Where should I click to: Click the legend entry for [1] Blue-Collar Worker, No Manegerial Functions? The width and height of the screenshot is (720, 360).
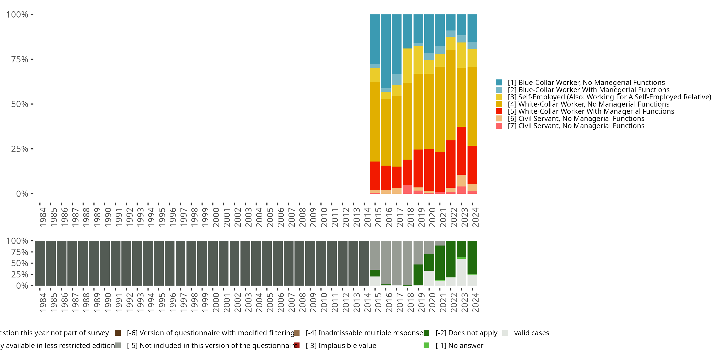(586, 83)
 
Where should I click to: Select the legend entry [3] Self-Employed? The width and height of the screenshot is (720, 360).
(609, 97)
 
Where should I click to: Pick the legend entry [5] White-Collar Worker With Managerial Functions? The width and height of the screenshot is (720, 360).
(591, 111)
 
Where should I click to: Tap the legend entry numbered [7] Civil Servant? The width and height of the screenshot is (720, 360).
(576, 126)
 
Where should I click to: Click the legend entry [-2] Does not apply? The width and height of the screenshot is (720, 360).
(466, 333)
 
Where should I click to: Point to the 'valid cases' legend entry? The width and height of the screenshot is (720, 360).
(531, 333)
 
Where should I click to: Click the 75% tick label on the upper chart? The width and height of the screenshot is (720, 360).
(20, 60)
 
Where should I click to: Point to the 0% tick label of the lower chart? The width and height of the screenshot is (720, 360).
(22, 286)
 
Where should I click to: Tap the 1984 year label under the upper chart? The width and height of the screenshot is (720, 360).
(43, 217)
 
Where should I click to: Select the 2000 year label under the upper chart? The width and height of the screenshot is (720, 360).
(216, 217)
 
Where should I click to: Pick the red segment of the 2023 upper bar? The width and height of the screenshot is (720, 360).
(462, 151)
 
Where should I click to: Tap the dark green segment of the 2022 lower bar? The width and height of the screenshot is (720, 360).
(450, 259)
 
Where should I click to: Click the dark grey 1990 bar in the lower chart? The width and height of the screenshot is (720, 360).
(105, 263)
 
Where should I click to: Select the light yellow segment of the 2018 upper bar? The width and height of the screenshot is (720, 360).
(408, 66)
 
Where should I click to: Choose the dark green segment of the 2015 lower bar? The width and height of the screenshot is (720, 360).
(375, 273)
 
